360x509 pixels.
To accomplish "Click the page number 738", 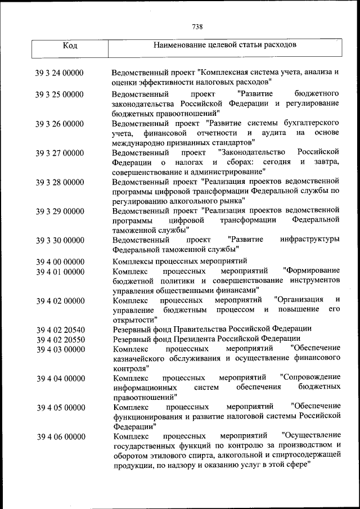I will click(x=197, y=26).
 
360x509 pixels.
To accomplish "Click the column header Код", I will click(x=70, y=45).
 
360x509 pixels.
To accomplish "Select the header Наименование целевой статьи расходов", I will click(x=225, y=44).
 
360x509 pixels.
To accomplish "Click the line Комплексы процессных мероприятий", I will click(x=180, y=262).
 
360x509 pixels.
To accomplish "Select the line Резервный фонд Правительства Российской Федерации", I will click(x=212, y=329).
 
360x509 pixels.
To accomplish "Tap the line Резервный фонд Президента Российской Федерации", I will click(x=206, y=339).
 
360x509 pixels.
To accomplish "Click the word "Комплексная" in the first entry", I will click(x=223, y=73).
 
